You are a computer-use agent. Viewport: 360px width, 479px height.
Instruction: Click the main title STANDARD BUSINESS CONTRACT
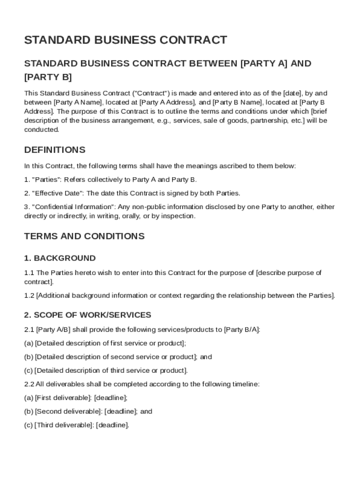pyautogui.click(x=125, y=40)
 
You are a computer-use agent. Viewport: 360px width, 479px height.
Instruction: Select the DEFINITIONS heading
pyautogui.click(x=55, y=150)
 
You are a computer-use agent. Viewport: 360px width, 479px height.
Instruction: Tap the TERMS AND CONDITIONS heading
pyautogui.click(x=84, y=236)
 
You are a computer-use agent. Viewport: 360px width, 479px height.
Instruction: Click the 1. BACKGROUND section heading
pyautogui.click(x=60, y=258)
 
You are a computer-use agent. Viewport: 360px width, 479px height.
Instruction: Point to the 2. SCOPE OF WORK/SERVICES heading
pyautogui.click(x=87, y=315)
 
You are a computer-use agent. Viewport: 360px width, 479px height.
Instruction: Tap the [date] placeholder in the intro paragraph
pyautogui.click(x=293, y=93)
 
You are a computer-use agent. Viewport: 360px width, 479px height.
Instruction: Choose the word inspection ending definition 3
pyautogui.click(x=178, y=216)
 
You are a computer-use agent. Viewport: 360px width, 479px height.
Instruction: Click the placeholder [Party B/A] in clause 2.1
pyautogui.click(x=241, y=329)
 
